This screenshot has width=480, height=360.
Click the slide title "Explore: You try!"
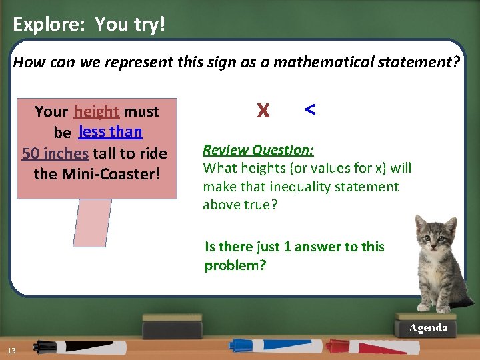click(x=89, y=25)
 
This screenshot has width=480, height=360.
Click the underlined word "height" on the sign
click(x=97, y=111)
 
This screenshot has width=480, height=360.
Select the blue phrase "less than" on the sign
click(x=110, y=131)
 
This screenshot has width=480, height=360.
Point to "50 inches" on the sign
click(x=55, y=153)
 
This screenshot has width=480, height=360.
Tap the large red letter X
click(x=263, y=111)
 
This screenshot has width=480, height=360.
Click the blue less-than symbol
click(x=310, y=109)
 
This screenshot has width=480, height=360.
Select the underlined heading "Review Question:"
click(x=258, y=150)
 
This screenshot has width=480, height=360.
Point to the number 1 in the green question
click(x=287, y=247)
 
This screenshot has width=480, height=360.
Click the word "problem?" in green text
click(x=235, y=265)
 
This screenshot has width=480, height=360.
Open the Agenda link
click(x=428, y=328)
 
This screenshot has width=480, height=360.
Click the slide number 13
click(x=12, y=351)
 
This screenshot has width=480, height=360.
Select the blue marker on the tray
click(x=267, y=345)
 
